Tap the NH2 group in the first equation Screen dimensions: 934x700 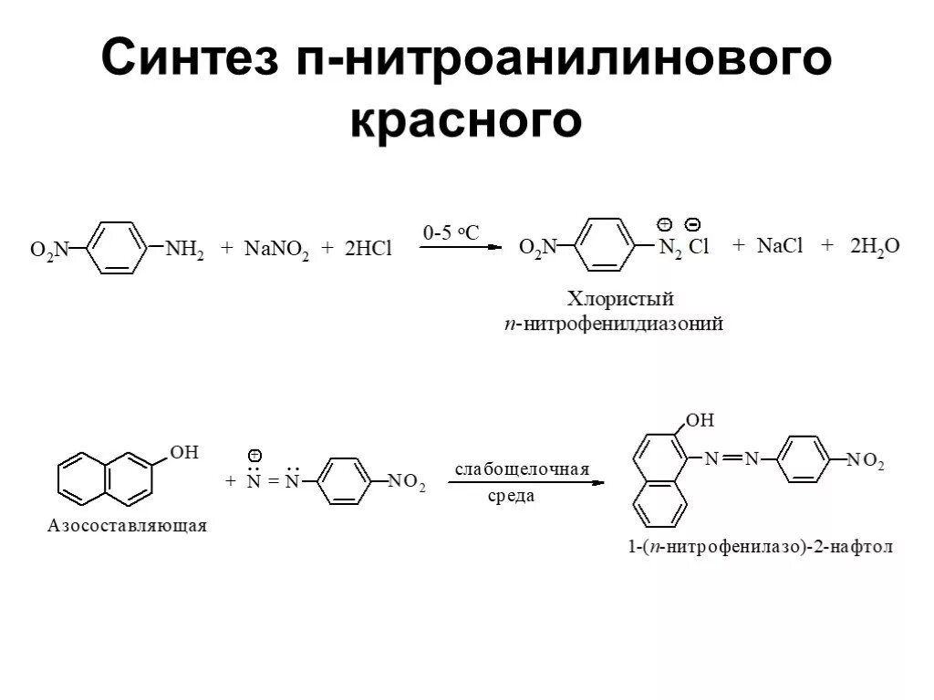[184, 249]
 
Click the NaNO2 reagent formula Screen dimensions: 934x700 [276, 250]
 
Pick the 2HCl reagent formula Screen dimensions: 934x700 [368, 250]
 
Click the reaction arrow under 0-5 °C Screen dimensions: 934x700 [461, 247]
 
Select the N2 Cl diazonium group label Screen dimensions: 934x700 [683, 248]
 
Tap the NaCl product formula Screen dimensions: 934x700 [775, 247]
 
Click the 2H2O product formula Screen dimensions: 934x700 [875, 247]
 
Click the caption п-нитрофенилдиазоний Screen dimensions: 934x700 [613, 323]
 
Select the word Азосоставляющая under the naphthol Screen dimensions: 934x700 [127, 526]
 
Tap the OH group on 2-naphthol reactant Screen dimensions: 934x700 [185, 453]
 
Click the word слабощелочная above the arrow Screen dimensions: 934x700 [522, 468]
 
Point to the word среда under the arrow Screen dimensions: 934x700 [510, 497]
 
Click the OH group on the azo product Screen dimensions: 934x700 [700, 420]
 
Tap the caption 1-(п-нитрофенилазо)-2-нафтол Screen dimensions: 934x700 [760, 548]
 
